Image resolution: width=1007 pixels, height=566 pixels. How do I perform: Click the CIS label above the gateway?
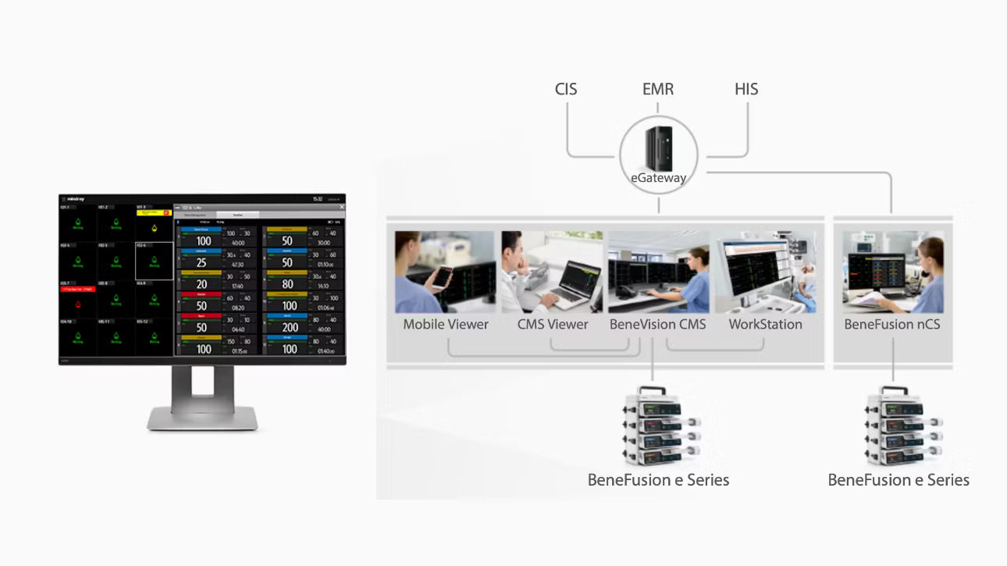(x=566, y=89)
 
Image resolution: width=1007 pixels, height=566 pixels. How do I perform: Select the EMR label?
(x=658, y=89)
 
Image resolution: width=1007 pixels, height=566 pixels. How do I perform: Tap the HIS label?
(x=746, y=89)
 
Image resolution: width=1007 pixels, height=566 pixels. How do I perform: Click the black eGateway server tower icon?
(x=658, y=148)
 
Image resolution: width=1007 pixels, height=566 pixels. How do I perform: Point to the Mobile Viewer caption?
(x=446, y=324)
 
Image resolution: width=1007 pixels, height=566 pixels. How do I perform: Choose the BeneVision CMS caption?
(x=657, y=324)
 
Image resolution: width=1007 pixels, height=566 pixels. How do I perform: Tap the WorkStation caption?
(x=765, y=324)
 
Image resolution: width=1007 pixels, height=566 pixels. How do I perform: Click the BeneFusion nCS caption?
(x=892, y=324)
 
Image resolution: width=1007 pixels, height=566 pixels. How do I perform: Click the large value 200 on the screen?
(x=290, y=328)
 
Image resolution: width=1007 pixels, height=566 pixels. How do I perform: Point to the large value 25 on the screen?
(x=202, y=263)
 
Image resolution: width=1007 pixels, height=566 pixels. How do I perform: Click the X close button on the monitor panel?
(x=341, y=208)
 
